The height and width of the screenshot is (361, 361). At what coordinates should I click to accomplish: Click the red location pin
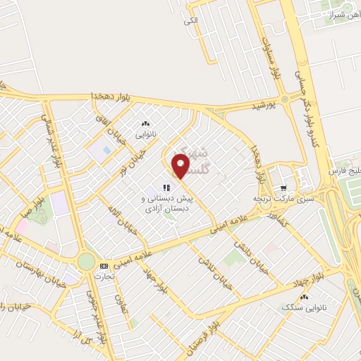click(181, 166)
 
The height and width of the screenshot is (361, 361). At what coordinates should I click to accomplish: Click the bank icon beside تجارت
click(104, 266)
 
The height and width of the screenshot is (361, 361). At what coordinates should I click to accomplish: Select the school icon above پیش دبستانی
click(166, 188)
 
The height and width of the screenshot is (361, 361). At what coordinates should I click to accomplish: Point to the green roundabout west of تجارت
click(86, 262)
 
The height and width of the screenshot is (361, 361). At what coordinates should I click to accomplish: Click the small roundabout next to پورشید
click(284, 99)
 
